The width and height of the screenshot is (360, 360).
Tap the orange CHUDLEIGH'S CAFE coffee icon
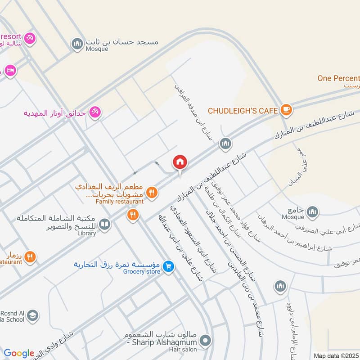pos(286,109)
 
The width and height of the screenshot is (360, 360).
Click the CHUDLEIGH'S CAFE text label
pos(243,110)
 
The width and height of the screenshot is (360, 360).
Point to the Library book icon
pos(104,224)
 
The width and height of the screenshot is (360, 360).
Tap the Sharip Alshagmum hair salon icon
pos(206,341)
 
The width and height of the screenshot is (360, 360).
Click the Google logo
pos(19,353)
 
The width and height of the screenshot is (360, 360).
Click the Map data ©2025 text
pos(336,355)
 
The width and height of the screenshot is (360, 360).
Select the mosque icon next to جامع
pos(312,211)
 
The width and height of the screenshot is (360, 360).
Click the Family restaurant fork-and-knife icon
pos(152,192)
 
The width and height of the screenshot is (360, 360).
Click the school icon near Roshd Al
pos(32,316)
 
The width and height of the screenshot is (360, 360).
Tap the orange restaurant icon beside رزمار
pos(30,257)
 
